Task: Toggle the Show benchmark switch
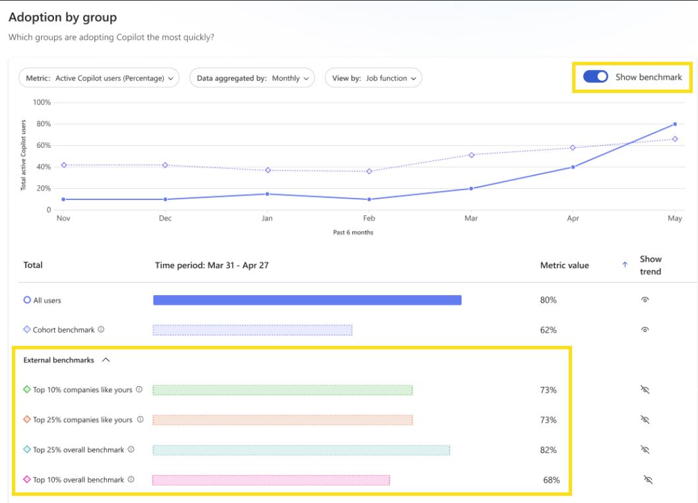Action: tap(596, 77)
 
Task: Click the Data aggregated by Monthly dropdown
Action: tap(251, 78)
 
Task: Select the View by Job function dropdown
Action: tap(373, 78)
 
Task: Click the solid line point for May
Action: tap(675, 124)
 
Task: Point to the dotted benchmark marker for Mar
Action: tap(471, 155)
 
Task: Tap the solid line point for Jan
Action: tap(267, 194)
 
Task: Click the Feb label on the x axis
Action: tap(369, 219)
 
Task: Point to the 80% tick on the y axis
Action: tap(43, 124)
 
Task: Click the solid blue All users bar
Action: tap(307, 300)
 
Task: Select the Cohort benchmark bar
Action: tap(252, 330)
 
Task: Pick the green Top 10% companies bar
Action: tap(282, 390)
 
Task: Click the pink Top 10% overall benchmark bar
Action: tap(270, 480)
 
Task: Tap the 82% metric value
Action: tap(548, 450)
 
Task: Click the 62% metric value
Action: tap(548, 330)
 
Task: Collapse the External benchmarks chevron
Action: tap(106, 360)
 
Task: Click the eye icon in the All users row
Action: tap(645, 300)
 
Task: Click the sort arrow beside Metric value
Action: tap(624, 265)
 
